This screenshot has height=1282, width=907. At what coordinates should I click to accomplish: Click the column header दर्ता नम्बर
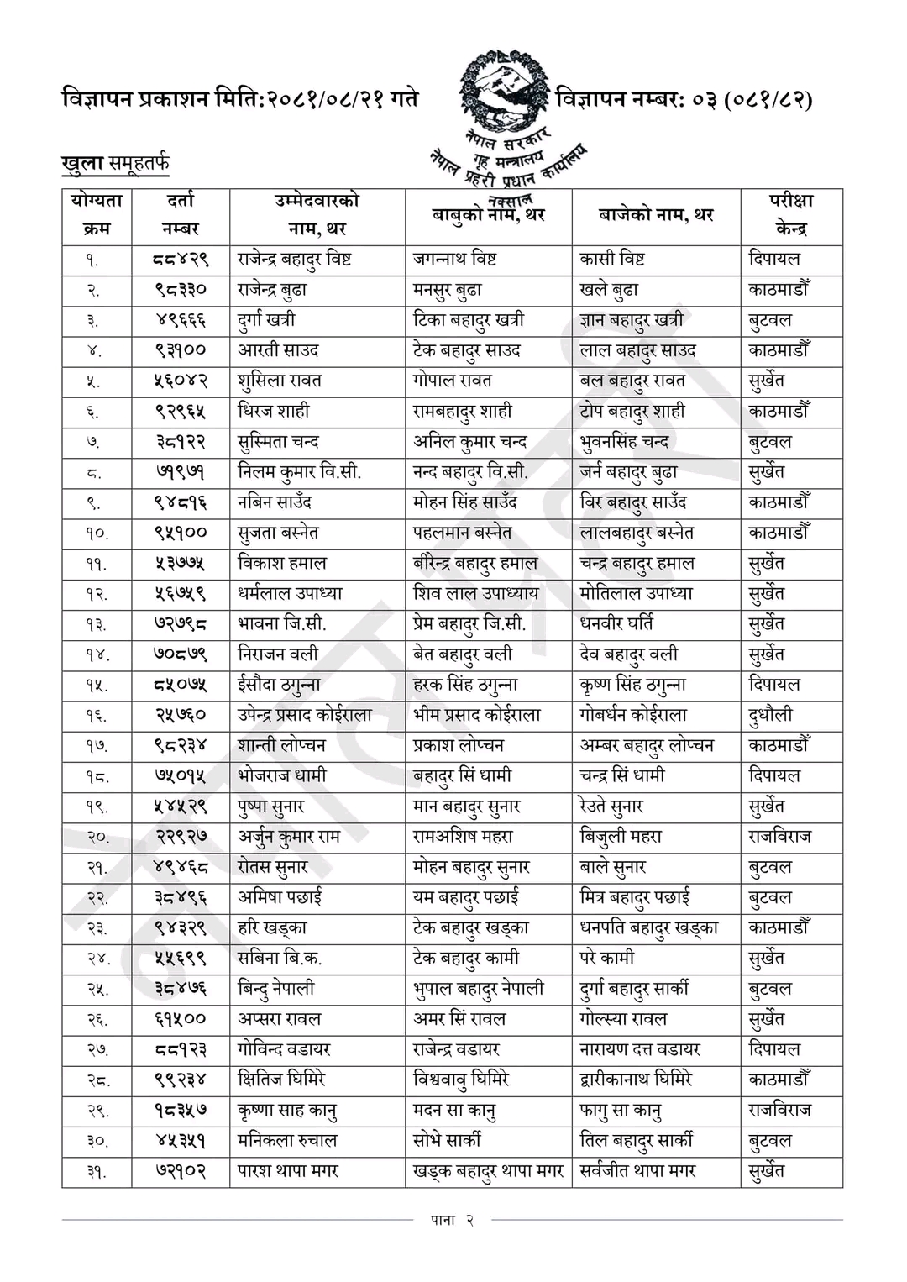181,214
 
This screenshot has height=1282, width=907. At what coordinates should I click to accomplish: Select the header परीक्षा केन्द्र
790,214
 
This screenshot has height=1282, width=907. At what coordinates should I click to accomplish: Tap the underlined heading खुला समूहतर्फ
115,163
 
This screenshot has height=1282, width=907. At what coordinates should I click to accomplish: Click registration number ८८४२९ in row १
181,260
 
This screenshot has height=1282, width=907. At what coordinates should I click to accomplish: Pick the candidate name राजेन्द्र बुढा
272,290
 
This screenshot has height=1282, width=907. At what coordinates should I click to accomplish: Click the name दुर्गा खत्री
266,320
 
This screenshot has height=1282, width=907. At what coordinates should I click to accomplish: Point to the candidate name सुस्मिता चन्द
278,442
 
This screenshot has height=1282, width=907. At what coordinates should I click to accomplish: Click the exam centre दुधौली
770,715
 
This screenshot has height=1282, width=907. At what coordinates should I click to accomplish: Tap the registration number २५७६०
181,715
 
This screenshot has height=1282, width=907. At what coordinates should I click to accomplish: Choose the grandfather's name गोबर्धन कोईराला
633,715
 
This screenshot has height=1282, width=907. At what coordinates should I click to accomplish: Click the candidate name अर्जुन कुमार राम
288,837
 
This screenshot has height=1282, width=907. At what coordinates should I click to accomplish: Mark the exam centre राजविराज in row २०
779,837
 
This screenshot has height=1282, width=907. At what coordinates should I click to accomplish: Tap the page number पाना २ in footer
452,1221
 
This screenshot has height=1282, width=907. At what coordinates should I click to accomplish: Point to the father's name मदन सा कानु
454,1111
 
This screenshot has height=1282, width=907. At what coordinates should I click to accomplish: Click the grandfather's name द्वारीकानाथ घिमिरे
636,1080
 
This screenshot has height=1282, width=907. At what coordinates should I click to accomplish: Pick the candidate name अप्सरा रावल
279,1019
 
